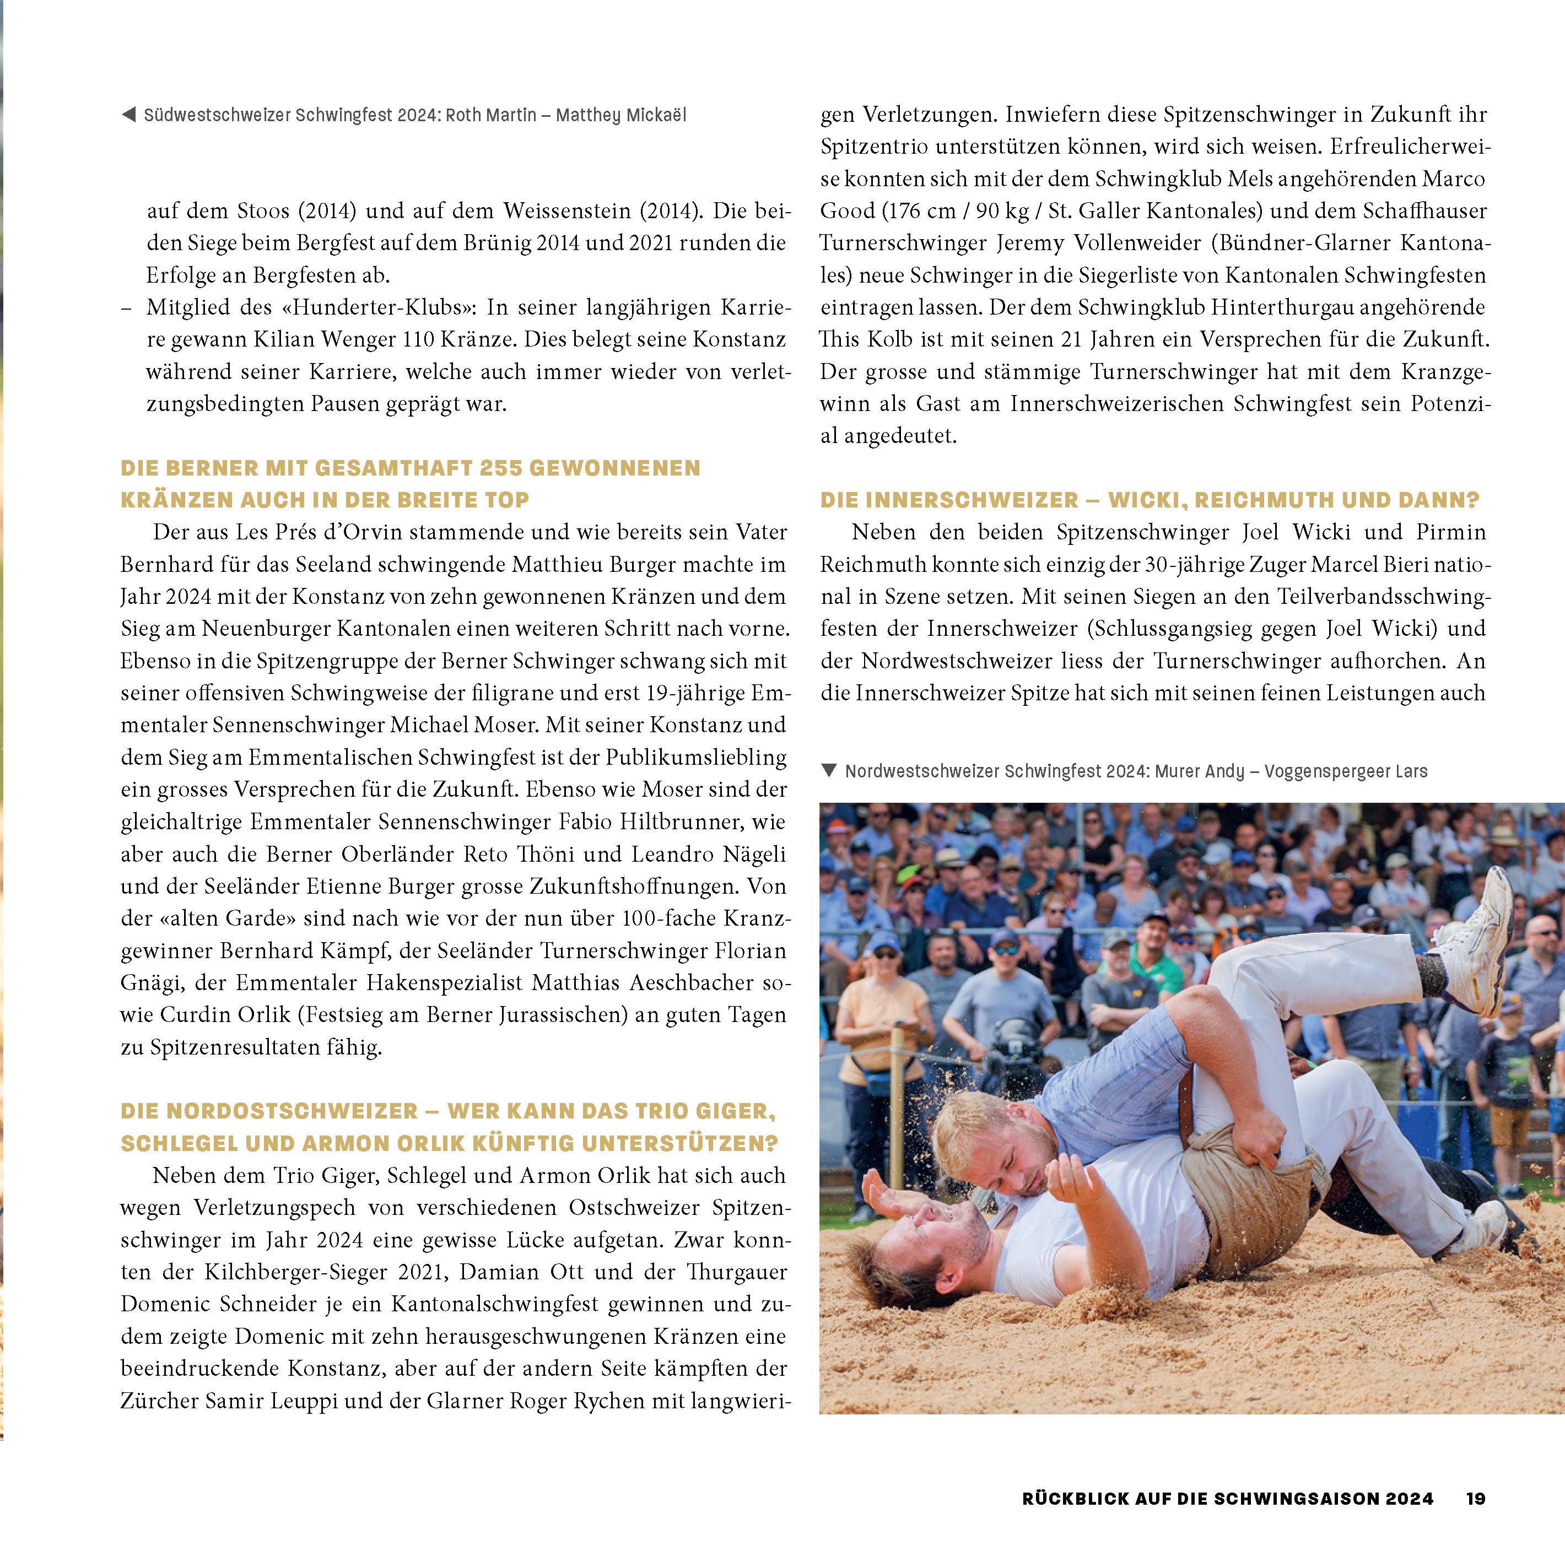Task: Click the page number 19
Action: point(1476,1498)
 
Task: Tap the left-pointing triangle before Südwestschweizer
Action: point(128,115)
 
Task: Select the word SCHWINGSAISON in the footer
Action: point(1323,1498)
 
